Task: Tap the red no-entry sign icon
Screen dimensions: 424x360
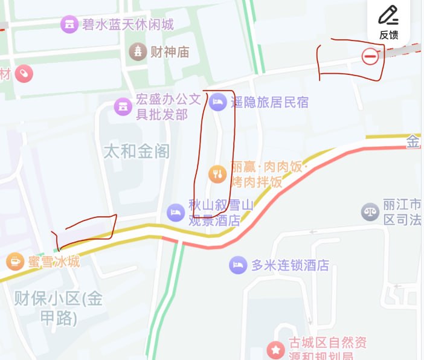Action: coord(370,56)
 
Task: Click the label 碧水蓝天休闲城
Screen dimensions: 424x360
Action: coord(127,24)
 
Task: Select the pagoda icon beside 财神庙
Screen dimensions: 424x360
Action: coord(139,51)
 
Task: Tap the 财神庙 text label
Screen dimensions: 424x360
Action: coord(170,52)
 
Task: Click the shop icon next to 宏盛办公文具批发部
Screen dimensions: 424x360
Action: coord(123,107)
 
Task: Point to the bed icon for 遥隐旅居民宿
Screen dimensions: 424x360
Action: coord(217,102)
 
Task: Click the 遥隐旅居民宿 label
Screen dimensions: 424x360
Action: coord(269,102)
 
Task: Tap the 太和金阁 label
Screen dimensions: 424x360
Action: coord(137,150)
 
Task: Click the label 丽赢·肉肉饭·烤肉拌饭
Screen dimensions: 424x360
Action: coord(269,175)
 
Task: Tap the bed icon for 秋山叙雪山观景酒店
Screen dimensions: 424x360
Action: coord(175,212)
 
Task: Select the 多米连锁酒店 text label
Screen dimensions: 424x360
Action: coord(290,265)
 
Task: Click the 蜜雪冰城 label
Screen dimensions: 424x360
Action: coord(53,262)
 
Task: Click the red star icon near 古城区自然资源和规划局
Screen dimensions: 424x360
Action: coord(276,350)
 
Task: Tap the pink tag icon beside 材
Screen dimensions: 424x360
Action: coord(24,74)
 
